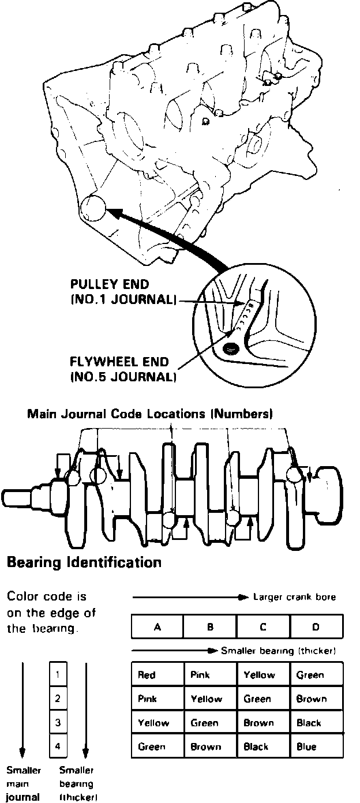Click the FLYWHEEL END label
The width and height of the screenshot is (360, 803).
(x=119, y=363)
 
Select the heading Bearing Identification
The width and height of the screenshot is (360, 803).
(x=84, y=562)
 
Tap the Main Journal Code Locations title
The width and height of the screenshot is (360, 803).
(x=150, y=414)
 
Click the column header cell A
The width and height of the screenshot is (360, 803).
(x=157, y=626)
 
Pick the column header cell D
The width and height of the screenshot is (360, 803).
(x=316, y=626)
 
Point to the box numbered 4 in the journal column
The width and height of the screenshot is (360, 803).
(x=58, y=746)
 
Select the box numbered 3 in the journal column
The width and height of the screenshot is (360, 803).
(x=58, y=722)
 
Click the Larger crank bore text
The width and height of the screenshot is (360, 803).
(x=295, y=597)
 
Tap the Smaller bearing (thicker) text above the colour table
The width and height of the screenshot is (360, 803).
(x=279, y=651)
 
